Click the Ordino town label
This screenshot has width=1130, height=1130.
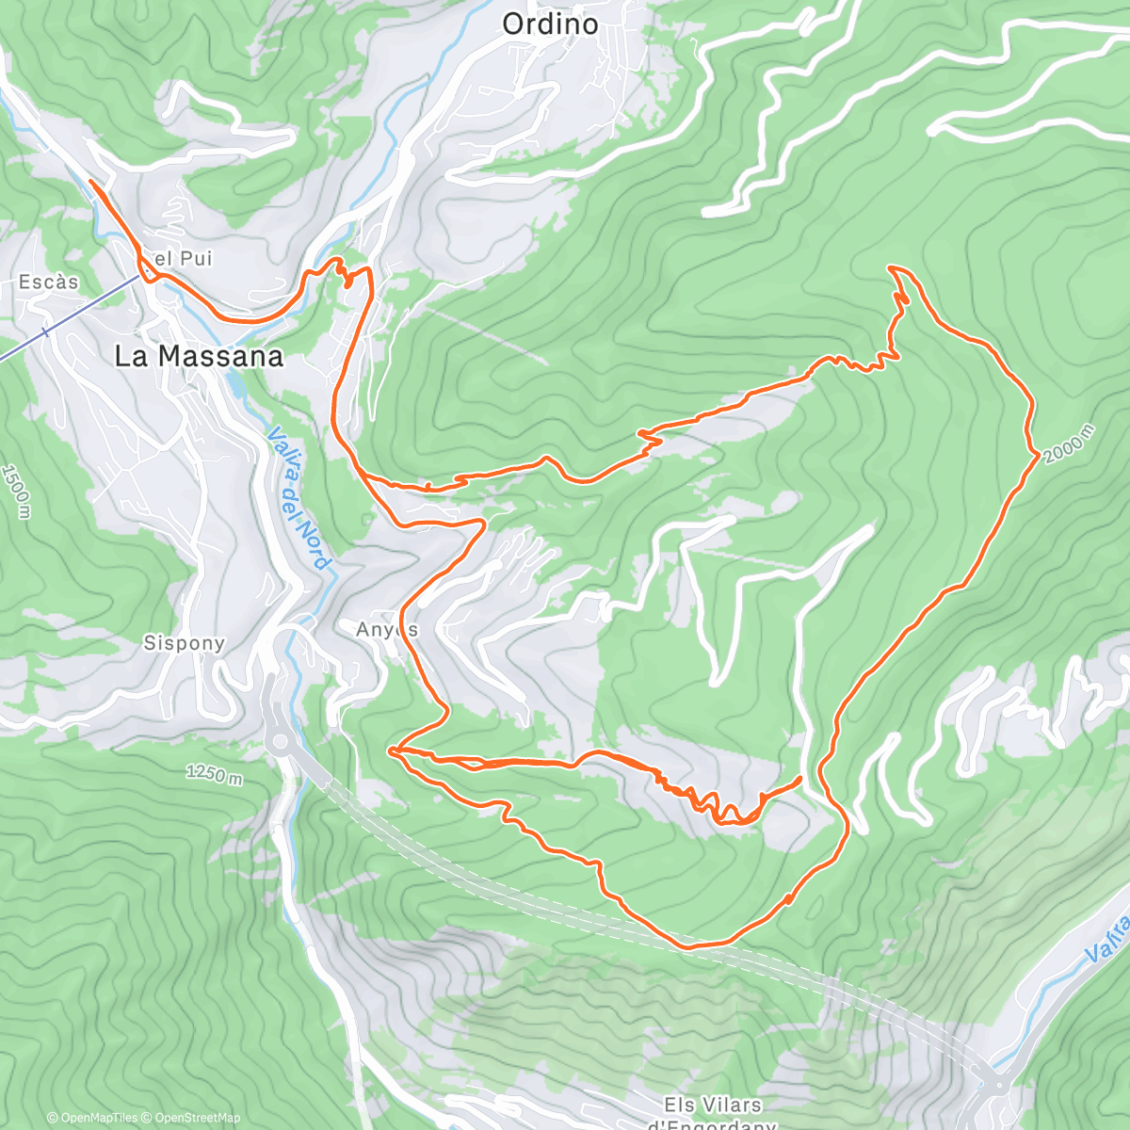pyautogui.click(x=550, y=24)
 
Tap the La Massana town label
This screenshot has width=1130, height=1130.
pyautogui.click(x=199, y=356)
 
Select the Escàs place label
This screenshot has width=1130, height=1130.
pyautogui.click(x=49, y=282)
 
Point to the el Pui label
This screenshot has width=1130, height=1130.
pyautogui.click(x=178, y=259)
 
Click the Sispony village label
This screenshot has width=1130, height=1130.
pyautogui.click(x=185, y=643)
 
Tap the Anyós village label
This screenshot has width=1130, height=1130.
pyautogui.click(x=387, y=629)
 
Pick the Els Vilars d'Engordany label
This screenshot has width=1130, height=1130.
pyautogui.click(x=713, y=1111)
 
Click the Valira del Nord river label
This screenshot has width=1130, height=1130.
pyautogui.click(x=300, y=499)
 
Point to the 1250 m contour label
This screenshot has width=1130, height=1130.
pyautogui.click(x=214, y=775)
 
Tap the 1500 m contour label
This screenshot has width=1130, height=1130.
pyautogui.click(x=16, y=491)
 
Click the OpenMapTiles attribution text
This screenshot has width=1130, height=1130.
pyautogui.click(x=92, y=1118)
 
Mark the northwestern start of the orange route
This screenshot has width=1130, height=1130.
pyautogui.click(x=89, y=180)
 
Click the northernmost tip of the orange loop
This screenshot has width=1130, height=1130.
pyautogui.click(x=891, y=267)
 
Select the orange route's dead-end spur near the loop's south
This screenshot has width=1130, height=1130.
pyautogui.click(x=799, y=779)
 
